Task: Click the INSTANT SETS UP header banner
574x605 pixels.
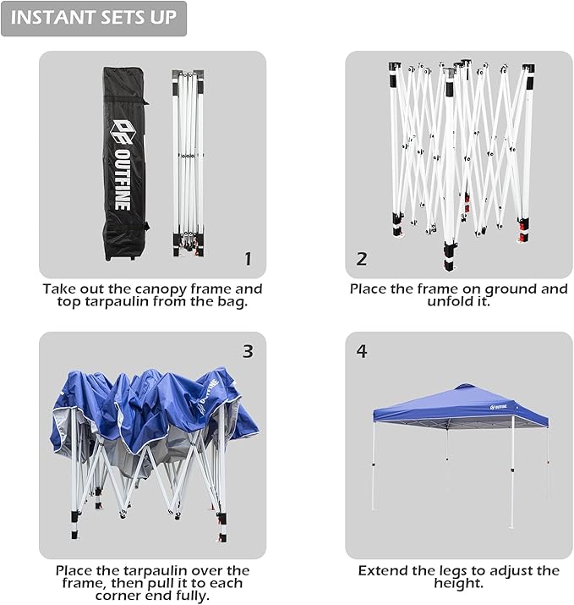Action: (94, 19)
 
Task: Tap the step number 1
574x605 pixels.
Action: (248, 259)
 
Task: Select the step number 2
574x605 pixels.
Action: (362, 259)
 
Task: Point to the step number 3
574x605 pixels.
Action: (248, 351)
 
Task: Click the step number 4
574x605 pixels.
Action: (362, 351)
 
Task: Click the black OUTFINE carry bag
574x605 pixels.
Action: (125, 164)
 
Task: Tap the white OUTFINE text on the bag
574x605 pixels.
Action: (123, 179)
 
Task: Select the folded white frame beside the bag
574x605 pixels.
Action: (189, 163)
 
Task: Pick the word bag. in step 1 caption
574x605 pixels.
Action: (232, 302)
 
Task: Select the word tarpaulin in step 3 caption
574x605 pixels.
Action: (153, 571)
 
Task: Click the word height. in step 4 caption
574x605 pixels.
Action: (459, 583)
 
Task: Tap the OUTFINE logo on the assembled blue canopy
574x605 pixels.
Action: (499, 407)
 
